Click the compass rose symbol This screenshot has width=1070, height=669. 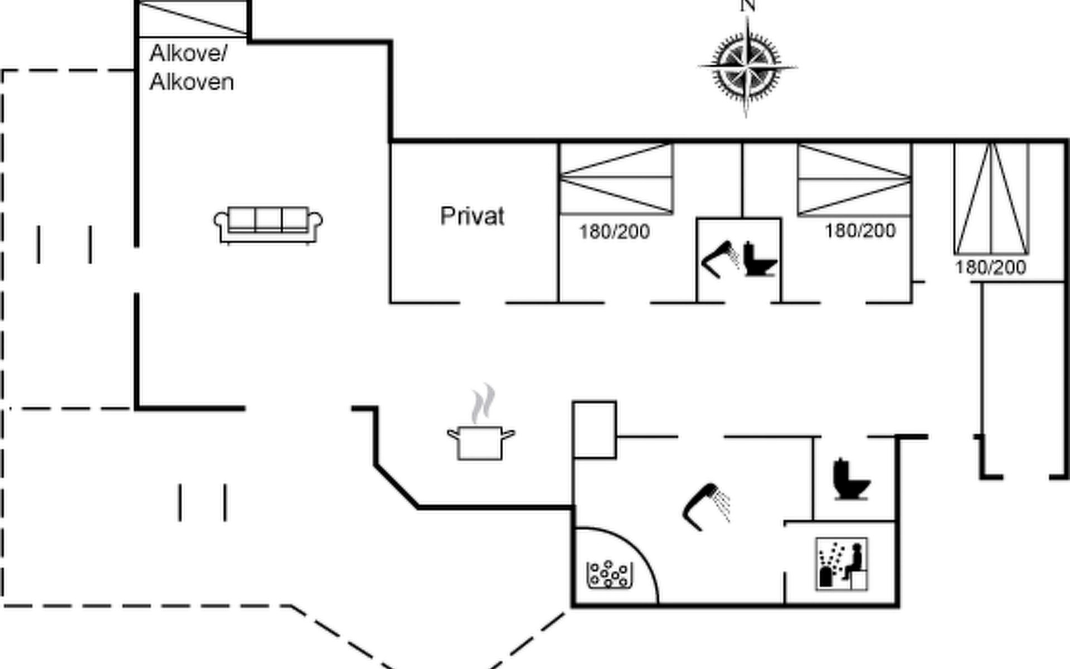[x=747, y=66]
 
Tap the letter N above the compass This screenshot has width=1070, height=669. [x=747, y=6]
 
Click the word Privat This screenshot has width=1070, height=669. [x=472, y=216]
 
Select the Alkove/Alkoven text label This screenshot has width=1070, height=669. [x=191, y=68]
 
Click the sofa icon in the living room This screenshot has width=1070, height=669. [x=268, y=225]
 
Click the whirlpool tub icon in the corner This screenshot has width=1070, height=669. [x=610, y=574]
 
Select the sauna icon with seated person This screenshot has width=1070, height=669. [x=842, y=564]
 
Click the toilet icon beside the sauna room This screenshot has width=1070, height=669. [x=850, y=479]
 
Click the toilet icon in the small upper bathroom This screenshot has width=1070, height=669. [x=759, y=259]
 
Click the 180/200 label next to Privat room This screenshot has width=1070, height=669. [x=614, y=232]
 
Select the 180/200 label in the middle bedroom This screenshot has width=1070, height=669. [x=860, y=231]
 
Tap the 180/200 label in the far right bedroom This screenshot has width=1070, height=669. [x=990, y=268]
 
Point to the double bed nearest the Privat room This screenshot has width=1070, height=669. [x=616, y=179]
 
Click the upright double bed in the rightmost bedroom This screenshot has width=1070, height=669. [x=991, y=198]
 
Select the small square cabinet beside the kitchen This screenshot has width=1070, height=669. [x=595, y=430]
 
